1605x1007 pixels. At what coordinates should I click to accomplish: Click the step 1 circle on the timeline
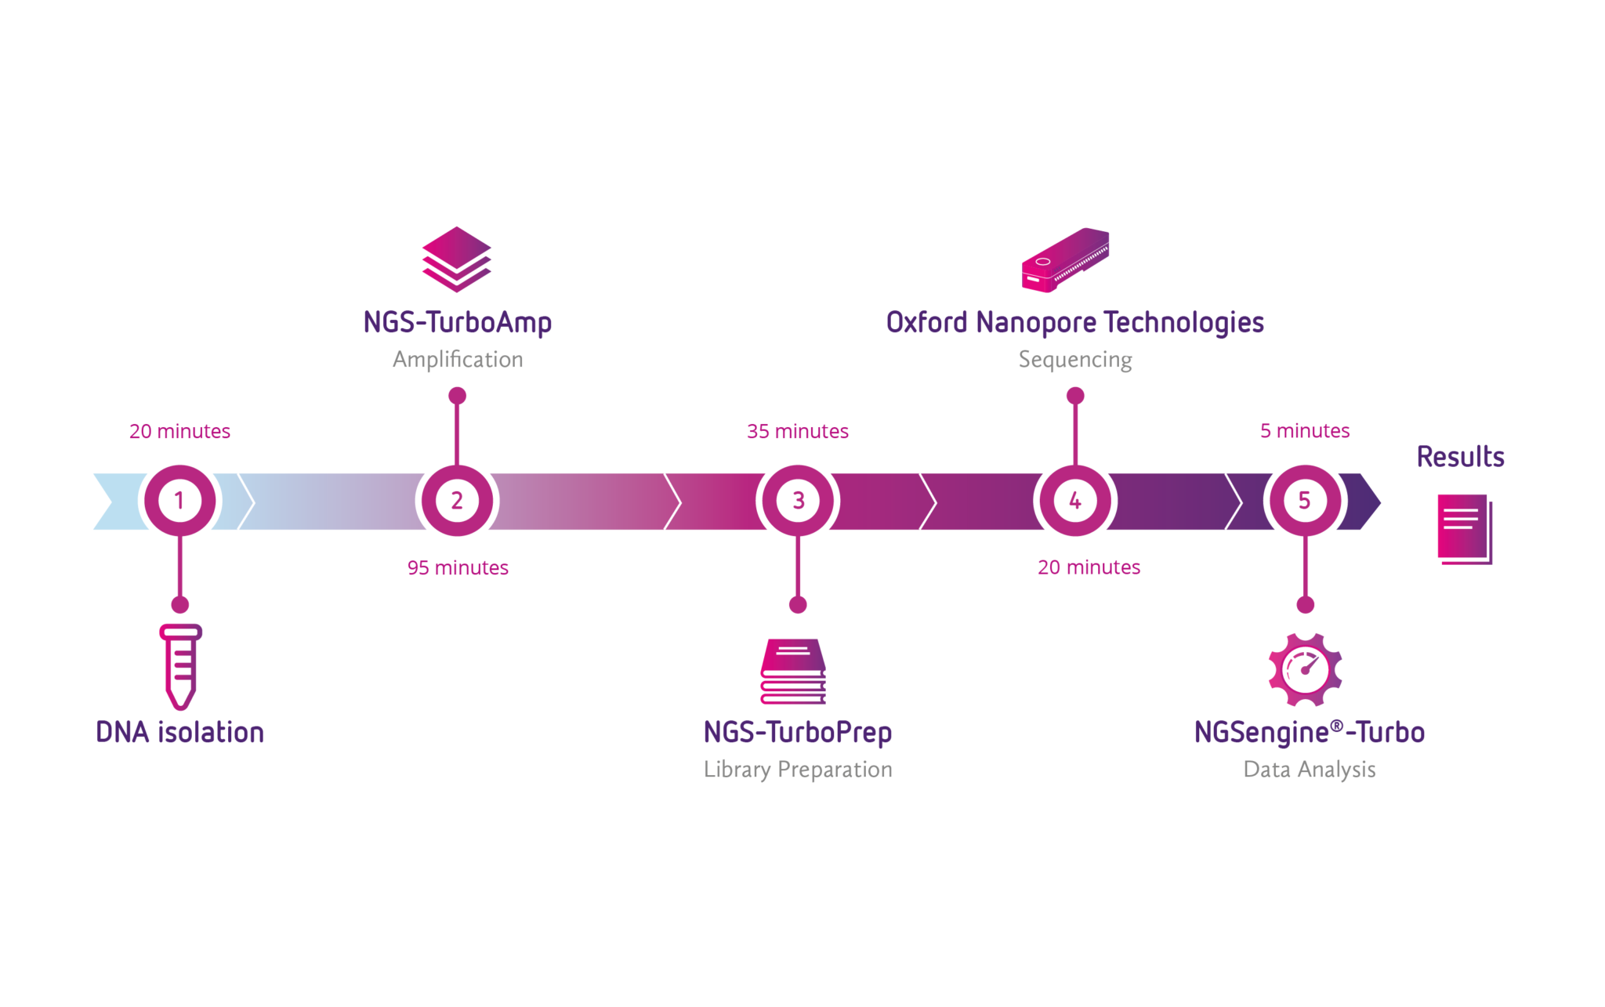(x=179, y=501)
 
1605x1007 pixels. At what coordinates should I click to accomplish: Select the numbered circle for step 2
(x=457, y=501)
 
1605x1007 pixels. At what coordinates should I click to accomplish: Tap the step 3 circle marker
(x=798, y=501)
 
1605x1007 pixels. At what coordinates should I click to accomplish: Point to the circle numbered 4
(x=1075, y=501)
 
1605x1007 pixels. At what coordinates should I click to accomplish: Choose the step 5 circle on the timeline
(x=1305, y=501)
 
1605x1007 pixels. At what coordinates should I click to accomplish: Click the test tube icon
(x=181, y=666)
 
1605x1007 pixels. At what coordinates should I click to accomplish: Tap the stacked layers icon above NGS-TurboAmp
(x=457, y=259)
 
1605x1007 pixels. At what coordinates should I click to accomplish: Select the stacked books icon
(x=793, y=672)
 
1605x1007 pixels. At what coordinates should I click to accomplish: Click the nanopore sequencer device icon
(x=1065, y=260)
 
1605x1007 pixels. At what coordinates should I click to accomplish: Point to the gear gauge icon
(x=1305, y=669)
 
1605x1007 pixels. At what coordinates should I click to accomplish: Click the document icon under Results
(x=1464, y=529)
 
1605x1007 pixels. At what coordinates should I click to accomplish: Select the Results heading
(x=1460, y=457)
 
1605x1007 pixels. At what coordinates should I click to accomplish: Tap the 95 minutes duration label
(x=458, y=567)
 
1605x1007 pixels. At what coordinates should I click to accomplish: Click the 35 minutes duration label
(x=797, y=431)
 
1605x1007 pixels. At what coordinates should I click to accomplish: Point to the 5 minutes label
(x=1305, y=430)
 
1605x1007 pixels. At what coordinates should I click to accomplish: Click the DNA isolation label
(x=179, y=732)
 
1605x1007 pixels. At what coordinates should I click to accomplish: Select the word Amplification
(x=458, y=359)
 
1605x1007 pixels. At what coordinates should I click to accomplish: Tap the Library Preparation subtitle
(x=798, y=770)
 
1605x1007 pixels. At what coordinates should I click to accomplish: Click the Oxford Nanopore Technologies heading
(x=1074, y=322)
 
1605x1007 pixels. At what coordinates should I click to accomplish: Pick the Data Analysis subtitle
(x=1309, y=770)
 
